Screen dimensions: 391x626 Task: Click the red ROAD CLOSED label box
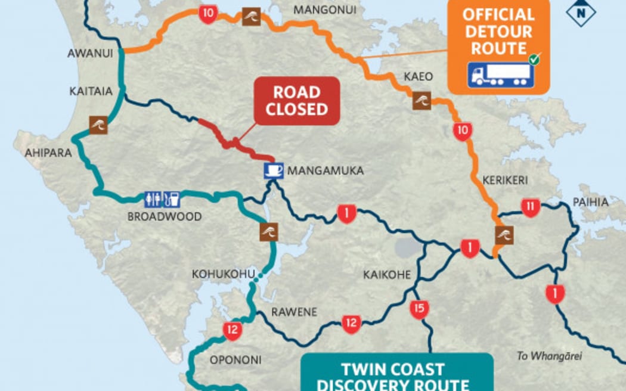(x=296, y=101)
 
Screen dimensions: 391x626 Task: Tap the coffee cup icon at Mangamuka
(x=274, y=170)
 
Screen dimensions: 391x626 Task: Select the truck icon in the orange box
(x=500, y=75)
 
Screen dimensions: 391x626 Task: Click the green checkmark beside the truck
(x=534, y=59)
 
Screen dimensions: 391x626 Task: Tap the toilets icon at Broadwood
(x=153, y=199)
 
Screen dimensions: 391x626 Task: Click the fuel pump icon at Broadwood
(x=171, y=199)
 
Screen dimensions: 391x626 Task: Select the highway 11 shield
(x=530, y=207)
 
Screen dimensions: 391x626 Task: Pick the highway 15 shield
(x=419, y=309)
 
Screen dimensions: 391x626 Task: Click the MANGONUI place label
(x=324, y=10)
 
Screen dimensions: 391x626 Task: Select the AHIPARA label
(x=48, y=153)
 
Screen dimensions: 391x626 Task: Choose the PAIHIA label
(x=591, y=202)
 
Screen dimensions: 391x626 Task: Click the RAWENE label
(x=294, y=312)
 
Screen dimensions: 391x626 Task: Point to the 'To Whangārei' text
(x=548, y=356)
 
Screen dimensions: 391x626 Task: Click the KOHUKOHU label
(x=219, y=274)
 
